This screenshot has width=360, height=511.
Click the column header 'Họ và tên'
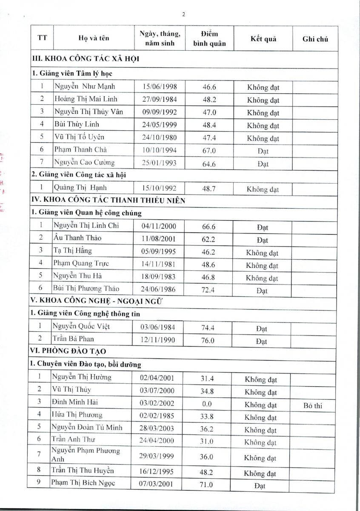[94, 38]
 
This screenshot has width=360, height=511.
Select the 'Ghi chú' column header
[315, 39]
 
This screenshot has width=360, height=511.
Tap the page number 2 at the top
[183, 14]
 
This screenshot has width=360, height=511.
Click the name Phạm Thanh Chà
[80, 149]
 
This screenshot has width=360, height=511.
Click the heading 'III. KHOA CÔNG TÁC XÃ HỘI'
[86, 58]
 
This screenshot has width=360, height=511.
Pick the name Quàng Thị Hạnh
[80, 187]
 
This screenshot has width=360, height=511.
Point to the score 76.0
[208, 340]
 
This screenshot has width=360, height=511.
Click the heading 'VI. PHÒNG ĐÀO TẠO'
[68, 351]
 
